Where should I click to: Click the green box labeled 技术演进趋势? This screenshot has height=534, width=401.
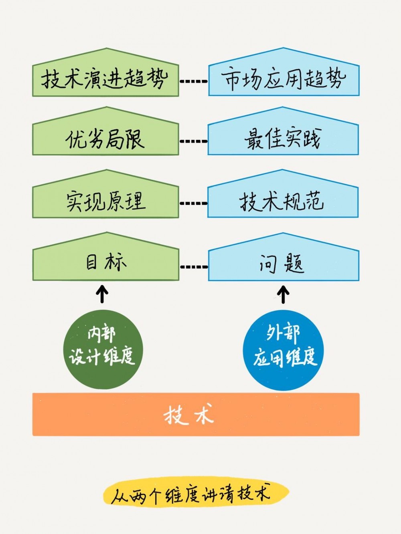tap(105, 78)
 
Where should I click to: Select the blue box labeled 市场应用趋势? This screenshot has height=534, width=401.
tap(284, 78)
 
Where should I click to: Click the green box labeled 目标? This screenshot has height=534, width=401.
tap(105, 263)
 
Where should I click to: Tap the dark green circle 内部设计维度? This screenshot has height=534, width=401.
tap(103, 349)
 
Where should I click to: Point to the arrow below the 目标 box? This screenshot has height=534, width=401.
tap(103, 294)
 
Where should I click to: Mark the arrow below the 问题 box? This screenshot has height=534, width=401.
tap(284, 294)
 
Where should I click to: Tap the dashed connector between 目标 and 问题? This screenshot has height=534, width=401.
tap(194, 267)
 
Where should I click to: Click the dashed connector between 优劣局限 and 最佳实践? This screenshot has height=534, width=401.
tap(194, 141)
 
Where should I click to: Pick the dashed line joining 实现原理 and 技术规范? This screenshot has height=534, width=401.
tap(194, 204)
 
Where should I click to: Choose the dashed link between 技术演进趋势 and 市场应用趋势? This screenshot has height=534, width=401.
tap(194, 81)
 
